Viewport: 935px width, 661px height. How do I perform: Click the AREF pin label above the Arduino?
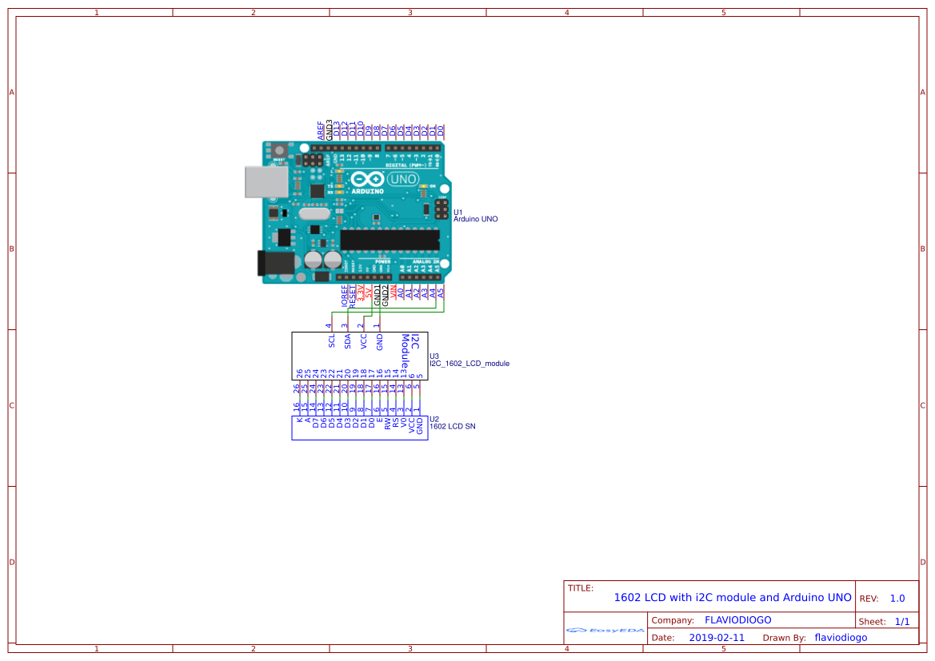click(321, 131)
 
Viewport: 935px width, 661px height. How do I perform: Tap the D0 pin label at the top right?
click(441, 130)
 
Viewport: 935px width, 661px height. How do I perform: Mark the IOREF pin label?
click(345, 296)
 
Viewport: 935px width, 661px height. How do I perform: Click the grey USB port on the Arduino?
click(266, 181)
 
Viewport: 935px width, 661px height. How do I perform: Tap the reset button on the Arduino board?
click(279, 151)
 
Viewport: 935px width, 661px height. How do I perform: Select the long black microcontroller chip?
click(390, 240)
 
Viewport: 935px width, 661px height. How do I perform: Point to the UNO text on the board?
click(402, 180)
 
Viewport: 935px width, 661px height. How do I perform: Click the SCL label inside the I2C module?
click(332, 340)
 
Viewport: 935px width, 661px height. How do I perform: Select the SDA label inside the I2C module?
click(348, 340)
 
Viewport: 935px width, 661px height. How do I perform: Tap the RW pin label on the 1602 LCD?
click(387, 424)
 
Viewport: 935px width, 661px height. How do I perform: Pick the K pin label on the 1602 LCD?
click(299, 420)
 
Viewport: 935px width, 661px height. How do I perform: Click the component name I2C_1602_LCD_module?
click(469, 364)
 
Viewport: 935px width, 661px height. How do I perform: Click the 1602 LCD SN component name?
click(453, 427)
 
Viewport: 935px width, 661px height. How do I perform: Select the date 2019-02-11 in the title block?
click(717, 638)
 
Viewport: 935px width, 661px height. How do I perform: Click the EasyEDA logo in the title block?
click(605, 630)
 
